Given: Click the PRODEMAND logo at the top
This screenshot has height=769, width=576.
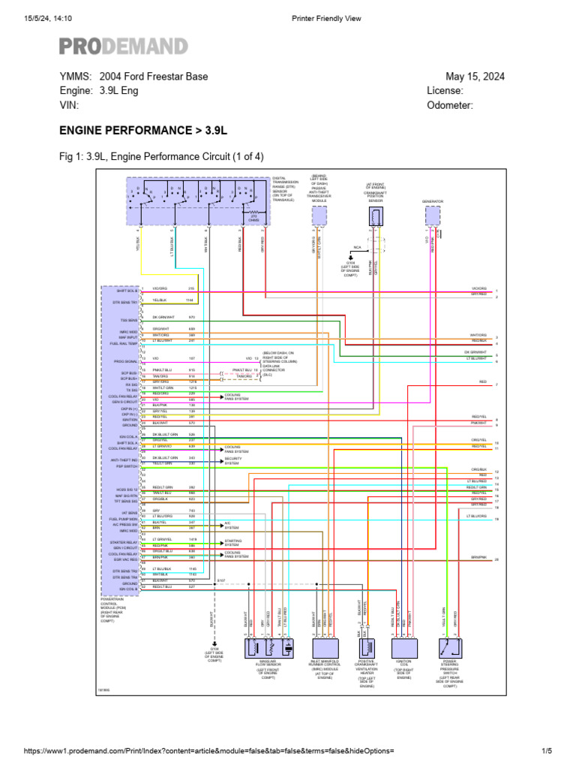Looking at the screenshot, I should click(124, 47).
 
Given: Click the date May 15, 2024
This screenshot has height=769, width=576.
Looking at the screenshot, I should click(475, 77).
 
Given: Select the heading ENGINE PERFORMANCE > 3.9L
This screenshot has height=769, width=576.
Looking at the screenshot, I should click(142, 131).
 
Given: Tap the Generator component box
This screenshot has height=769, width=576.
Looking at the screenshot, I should click(433, 216).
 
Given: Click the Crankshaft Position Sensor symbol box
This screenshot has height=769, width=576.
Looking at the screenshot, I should click(376, 216).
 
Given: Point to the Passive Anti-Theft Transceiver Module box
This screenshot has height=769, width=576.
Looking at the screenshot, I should click(319, 216).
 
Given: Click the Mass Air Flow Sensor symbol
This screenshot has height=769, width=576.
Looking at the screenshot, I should click(268, 647).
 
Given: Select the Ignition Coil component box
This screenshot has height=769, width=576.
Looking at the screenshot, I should click(403, 647).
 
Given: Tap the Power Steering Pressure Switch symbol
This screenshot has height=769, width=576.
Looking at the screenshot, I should click(450, 647).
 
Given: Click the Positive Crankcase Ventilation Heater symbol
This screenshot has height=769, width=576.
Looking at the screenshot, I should click(367, 647).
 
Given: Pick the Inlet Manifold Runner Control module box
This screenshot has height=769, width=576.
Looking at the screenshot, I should click(325, 647).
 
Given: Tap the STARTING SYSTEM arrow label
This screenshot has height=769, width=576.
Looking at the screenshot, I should click(235, 543).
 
